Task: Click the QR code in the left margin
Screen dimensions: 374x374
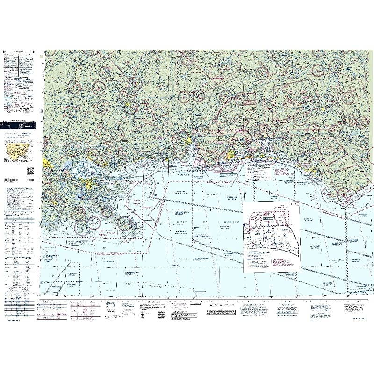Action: pyautogui.click(x=29, y=171)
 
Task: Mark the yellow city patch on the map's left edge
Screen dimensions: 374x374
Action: pyautogui.click(x=47, y=162)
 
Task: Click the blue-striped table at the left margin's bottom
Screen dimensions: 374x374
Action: pyautogui.click(x=19, y=306)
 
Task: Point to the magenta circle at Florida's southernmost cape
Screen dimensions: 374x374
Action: pyautogui.click(x=344, y=192)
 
